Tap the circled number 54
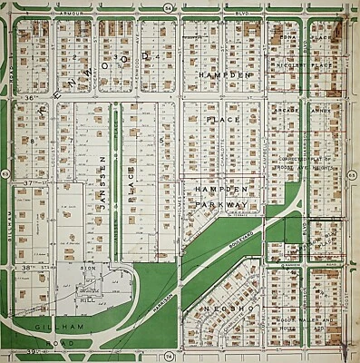click(169, 8)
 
